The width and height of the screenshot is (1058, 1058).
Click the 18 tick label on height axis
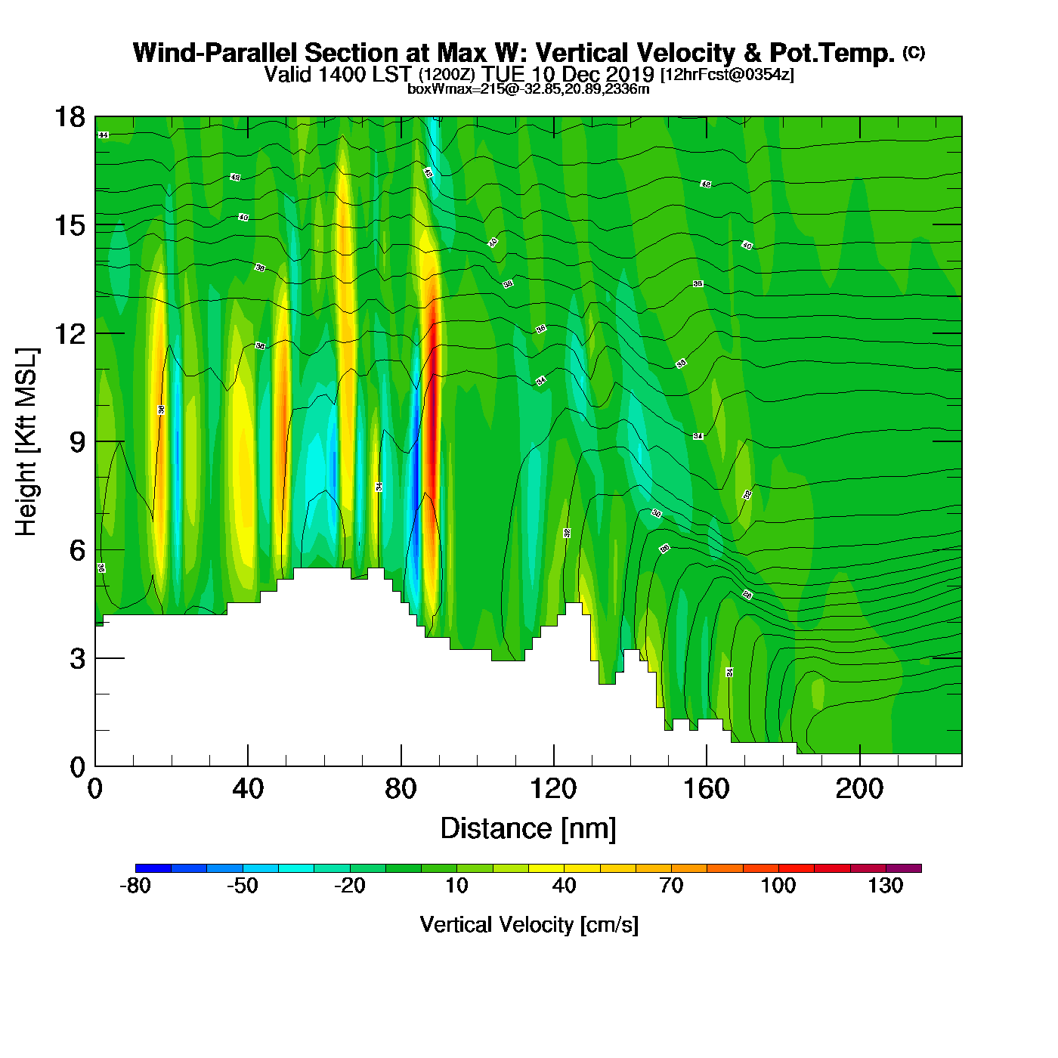(69, 117)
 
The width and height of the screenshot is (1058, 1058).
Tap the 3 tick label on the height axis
(78, 658)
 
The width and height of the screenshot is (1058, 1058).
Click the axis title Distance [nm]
(528, 829)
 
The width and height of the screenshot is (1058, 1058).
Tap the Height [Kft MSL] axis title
(26, 442)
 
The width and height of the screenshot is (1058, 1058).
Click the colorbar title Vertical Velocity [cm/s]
(529, 924)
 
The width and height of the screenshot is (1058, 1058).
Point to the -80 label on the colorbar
(135, 886)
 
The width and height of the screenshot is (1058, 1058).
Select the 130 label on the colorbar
(885, 886)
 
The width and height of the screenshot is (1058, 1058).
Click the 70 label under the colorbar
(671, 886)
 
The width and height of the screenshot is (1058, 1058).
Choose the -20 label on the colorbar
(349, 886)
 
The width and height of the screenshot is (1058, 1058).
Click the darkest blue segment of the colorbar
(153, 868)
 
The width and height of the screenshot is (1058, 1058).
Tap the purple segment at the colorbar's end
(903, 868)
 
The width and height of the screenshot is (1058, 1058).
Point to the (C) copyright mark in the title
(913, 52)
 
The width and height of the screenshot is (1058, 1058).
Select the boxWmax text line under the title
(528, 89)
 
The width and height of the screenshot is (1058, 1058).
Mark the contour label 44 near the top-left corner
(104, 135)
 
